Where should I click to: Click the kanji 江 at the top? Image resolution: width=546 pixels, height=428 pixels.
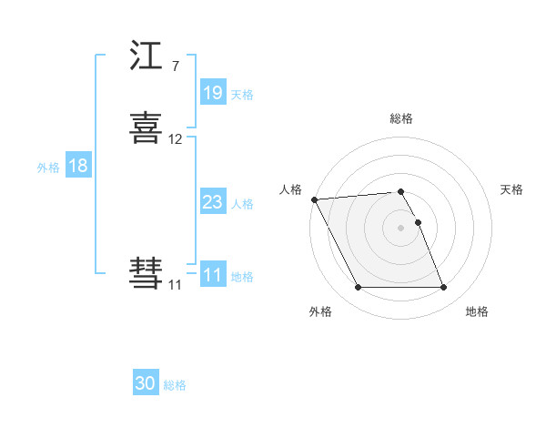(x=147, y=56)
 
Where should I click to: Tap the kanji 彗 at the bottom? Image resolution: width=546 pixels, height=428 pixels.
(x=147, y=273)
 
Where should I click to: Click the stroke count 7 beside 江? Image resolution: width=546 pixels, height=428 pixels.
(x=175, y=66)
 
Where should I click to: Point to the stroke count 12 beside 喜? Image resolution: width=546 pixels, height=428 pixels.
(x=176, y=139)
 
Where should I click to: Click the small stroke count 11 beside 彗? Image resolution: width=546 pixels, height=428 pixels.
(x=176, y=285)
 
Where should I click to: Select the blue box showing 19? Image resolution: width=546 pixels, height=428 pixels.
(x=213, y=93)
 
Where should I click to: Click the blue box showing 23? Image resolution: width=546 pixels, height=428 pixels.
(x=213, y=202)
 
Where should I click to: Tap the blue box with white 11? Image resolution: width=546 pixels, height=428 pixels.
(x=213, y=275)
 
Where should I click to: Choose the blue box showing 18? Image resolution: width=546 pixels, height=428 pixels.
(x=77, y=166)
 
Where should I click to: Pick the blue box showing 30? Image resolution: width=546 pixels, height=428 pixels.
(x=146, y=383)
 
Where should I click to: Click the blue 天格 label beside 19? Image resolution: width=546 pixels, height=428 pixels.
(x=242, y=95)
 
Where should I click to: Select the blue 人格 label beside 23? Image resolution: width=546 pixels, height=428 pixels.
(x=242, y=204)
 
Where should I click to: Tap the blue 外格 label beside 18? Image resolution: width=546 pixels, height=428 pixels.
(x=47, y=168)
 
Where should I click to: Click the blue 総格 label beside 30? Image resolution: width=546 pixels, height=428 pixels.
(x=175, y=385)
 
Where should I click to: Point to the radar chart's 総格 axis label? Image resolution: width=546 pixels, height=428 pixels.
(x=401, y=118)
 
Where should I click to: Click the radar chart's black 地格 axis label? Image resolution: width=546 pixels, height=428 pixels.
(x=477, y=311)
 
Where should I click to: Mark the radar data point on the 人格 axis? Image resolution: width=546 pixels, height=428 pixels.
(x=314, y=199)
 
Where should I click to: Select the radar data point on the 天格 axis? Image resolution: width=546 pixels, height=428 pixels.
(x=418, y=222)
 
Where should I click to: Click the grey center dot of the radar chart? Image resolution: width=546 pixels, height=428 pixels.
(x=401, y=228)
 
